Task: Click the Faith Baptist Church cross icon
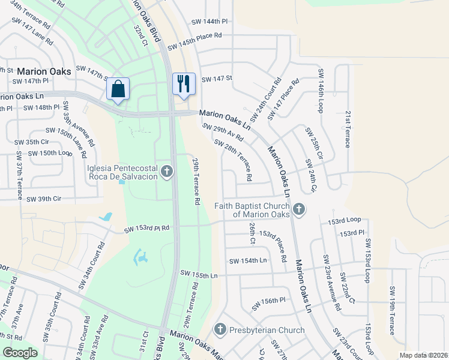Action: click(299, 209)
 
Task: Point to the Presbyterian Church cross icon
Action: click(220, 329)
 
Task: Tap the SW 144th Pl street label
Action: click(210, 21)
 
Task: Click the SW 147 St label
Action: click(217, 79)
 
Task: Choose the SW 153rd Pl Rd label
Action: click(147, 229)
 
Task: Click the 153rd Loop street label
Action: click(345, 221)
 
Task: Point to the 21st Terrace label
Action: click(348, 129)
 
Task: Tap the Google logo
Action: click(20, 353)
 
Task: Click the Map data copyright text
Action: click(423, 355)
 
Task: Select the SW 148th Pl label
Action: click(41, 107)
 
